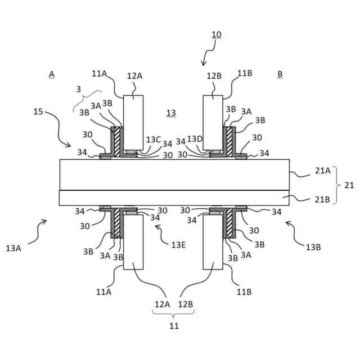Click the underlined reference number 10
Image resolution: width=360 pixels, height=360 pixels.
217,34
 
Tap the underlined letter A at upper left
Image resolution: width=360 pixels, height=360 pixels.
51,74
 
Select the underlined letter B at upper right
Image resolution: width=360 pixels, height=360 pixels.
280,74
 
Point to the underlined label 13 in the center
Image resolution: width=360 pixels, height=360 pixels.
171,113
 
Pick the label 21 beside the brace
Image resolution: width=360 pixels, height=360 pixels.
349,185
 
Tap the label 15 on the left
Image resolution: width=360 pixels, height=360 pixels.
38,111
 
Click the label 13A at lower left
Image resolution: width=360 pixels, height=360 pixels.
15,247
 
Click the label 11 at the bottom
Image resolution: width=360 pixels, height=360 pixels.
174,326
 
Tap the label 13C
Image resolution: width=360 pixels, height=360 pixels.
153,139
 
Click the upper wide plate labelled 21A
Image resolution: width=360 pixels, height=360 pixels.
174,174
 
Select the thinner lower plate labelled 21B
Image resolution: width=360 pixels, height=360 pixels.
174,198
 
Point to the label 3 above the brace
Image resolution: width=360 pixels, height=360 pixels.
79,88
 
